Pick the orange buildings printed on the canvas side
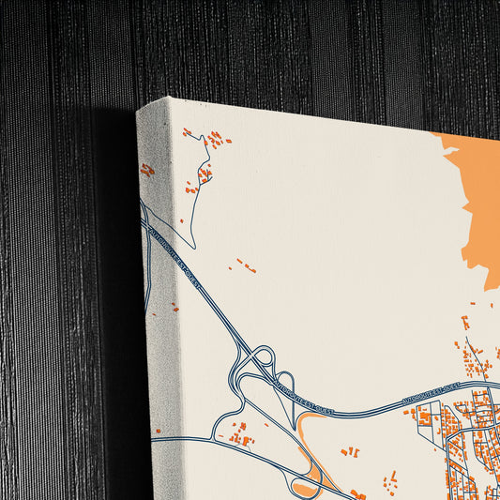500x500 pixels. (147, 170)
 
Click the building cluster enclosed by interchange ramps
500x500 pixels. (238, 435)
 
